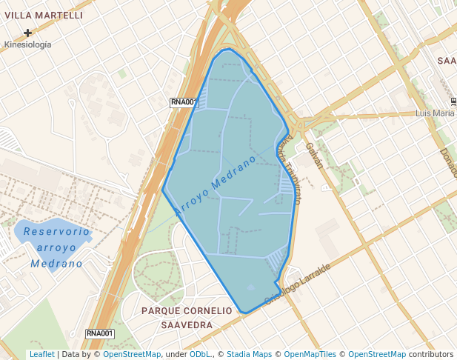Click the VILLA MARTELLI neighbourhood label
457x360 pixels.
pos(44,15)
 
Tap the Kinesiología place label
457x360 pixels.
pos(28,44)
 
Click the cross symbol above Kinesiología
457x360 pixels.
pos(28,33)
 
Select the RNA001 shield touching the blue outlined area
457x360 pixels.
pos(184,103)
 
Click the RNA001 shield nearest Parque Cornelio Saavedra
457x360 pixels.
pos(100,334)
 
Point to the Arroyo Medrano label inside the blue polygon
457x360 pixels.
pos(216,185)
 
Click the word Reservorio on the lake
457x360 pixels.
pos(56,232)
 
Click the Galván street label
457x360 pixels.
pos(314,155)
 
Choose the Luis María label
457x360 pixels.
pos(435,113)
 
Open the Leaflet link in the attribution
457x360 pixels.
pos(41,355)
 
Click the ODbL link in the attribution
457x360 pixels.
pos(200,355)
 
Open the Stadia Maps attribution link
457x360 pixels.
pos(249,355)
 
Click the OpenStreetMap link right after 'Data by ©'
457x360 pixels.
pos(132,355)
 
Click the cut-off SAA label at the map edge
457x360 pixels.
pos(447,61)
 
